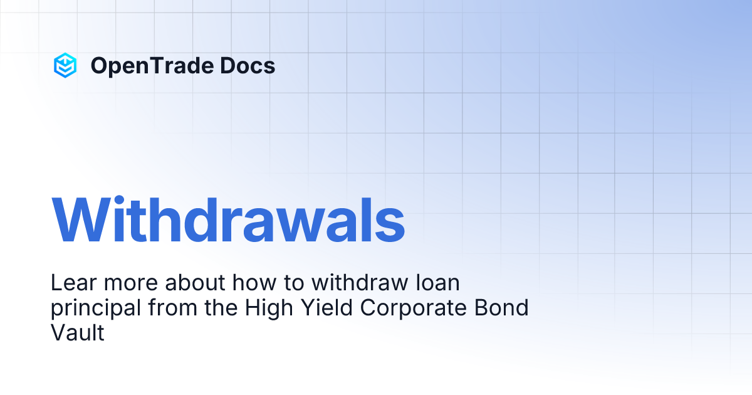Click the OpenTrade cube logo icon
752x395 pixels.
click(x=65, y=65)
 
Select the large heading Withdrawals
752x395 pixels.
click(x=228, y=221)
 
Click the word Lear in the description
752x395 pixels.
click(x=70, y=283)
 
